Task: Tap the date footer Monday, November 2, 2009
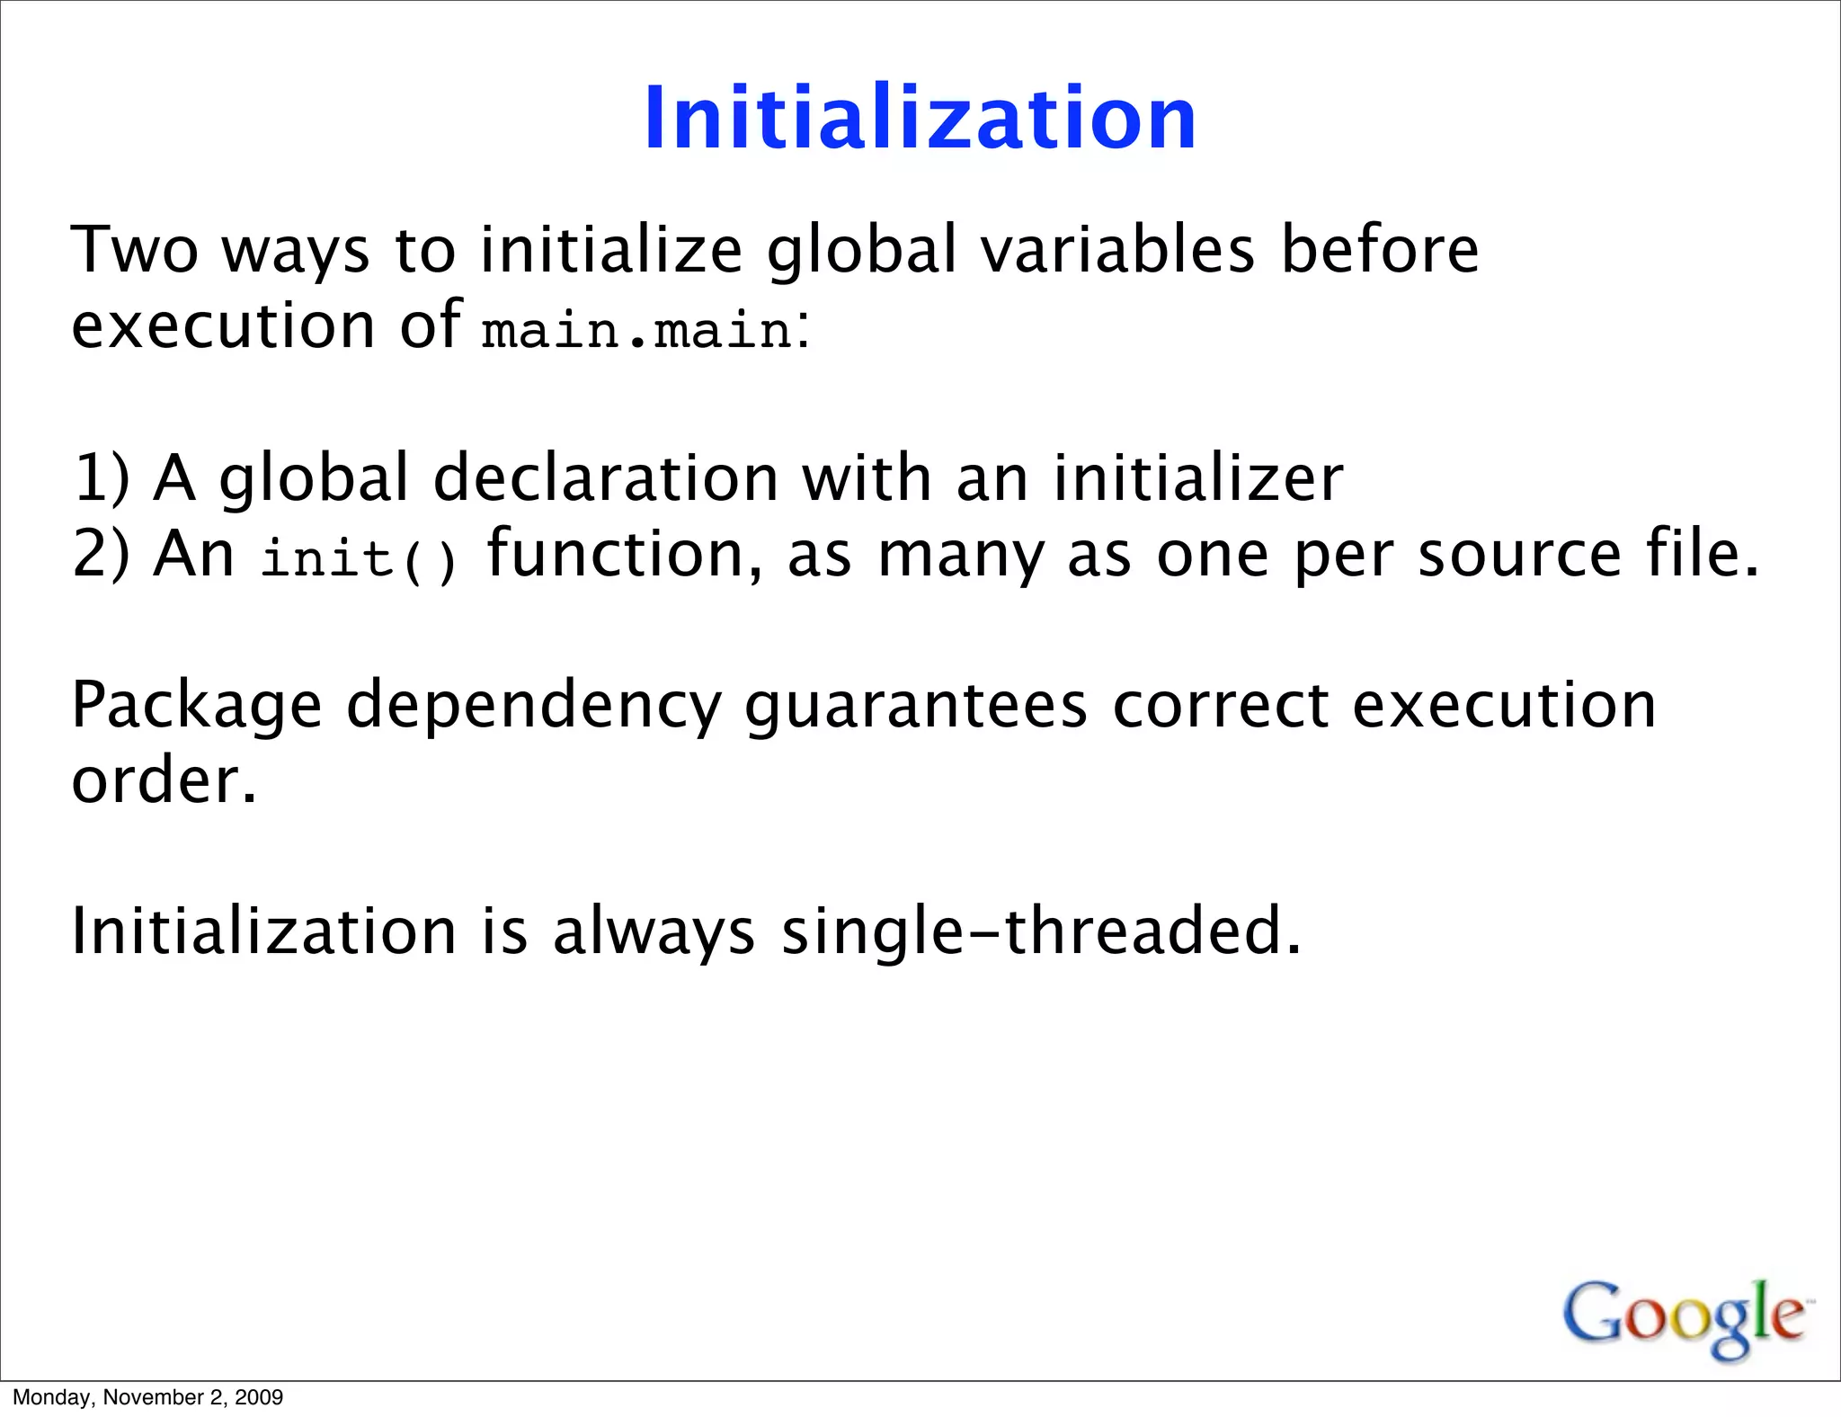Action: click(148, 1397)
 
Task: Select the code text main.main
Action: click(637, 330)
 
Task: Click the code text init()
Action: click(359, 558)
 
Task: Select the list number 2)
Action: click(102, 554)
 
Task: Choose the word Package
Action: click(197, 706)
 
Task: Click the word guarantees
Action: click(916, 706)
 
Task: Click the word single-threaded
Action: click(1041, 931)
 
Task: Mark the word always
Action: click(654, 931)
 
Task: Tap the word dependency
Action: click(534, 706)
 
